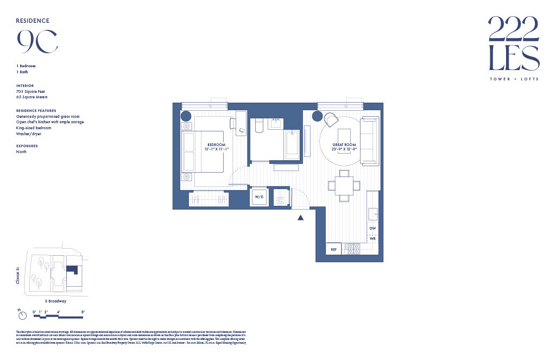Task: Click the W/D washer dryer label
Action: [x=258, y=197]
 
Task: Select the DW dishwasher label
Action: [x=372, y=229]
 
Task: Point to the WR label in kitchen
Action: [x=372, y=238]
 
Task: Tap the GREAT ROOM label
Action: [x=344, y=144]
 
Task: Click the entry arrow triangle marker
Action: [x=300, y=218]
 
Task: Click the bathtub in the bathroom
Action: [x=292, y=143]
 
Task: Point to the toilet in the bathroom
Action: [x=258, y=125]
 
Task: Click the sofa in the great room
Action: [x=370, y=141]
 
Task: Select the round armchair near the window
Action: [x=331, y=119]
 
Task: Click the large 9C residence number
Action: [x=37, y=41]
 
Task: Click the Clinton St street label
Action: [x=18, y=275]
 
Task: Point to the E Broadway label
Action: [x=55, y=301]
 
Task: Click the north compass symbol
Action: [x=21, y=315]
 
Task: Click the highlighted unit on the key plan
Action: [x=73, y=270]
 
